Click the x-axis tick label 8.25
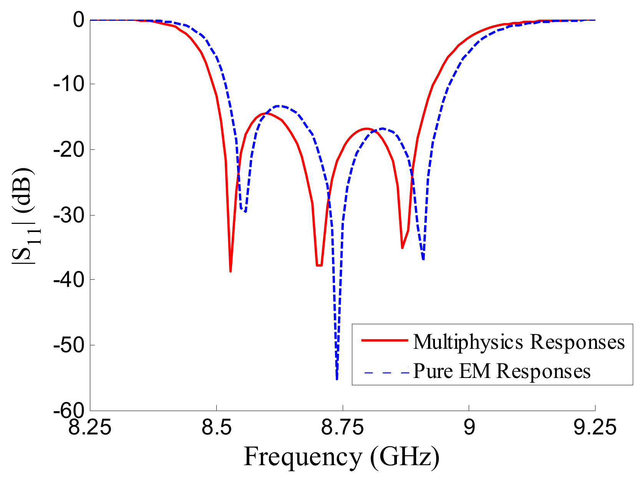(90, 427)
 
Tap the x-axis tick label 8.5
(216, 427)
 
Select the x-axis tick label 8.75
(342, 427)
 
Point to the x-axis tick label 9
(469, 427)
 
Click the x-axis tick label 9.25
(595, 427)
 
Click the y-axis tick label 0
(78, 20)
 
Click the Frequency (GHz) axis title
(341, 457)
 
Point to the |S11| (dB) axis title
(24, 215)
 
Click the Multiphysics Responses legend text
(519, 341)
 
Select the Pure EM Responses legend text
(501, 371)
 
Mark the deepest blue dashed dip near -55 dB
(337, 378)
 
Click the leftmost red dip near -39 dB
(230, 271)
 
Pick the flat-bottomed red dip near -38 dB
(319, 265)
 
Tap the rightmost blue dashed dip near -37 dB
(423, 259)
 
